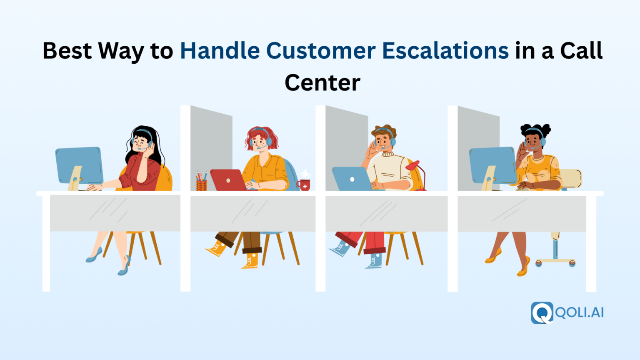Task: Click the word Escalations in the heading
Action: (x=445, y=51)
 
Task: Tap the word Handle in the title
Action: (x=220, y=51)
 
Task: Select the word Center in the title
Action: (x=322, y=82)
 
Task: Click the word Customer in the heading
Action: (x=321, y=51)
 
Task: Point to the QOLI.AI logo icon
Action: (x=542, y=312)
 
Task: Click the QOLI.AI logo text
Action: (x=580, y=312)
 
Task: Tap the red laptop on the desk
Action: (x=227, y=180)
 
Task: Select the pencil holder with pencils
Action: (x=202, y=183)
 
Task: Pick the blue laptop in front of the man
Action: (x=351, y=179)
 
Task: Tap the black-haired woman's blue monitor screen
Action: (x=79, y=165)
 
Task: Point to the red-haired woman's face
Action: (x=260, y=141)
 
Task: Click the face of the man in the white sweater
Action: (x=383, y=140)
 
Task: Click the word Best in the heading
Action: (x=67, y=51)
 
